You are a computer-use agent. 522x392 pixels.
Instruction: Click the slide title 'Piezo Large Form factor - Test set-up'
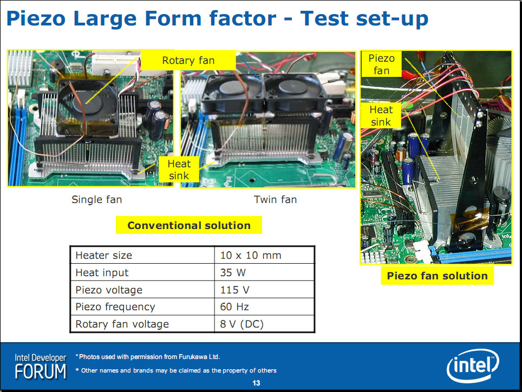point(217,18)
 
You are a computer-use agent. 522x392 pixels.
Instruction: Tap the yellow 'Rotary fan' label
point(188,60)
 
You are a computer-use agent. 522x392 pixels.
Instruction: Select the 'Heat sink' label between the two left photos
point(179,169)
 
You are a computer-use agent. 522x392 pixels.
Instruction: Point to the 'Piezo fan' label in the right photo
point(382,64)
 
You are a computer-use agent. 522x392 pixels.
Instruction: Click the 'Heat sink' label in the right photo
point(381,115)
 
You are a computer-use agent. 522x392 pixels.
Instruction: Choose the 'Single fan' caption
point(97,200)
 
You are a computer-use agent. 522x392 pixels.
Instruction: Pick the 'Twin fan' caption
point(275,200)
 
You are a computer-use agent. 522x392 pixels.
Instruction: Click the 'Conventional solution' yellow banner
point(189,225)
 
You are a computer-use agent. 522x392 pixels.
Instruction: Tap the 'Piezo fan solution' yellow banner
point(437,276)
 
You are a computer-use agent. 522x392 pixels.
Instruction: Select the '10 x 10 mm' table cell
point(251,255)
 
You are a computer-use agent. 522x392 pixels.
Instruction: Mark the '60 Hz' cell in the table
point(234,306)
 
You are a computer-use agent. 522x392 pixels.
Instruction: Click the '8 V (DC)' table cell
point(242,324)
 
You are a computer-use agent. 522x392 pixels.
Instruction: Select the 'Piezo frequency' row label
point(115,307)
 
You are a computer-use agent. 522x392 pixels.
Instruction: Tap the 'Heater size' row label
point(104,255)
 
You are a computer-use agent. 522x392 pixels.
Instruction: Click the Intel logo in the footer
point(473,365)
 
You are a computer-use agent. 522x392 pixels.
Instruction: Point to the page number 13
point(256,383)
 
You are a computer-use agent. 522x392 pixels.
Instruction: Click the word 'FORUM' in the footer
point(41,371)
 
